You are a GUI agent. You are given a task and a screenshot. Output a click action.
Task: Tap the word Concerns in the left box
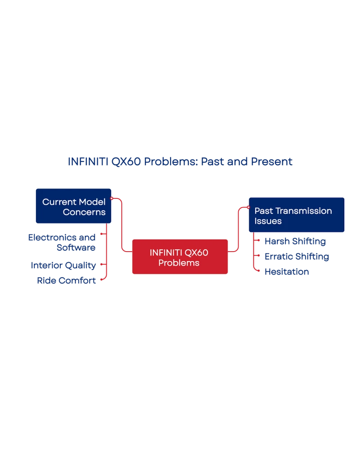(84, 212)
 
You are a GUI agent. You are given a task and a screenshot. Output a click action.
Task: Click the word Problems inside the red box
(179, 263)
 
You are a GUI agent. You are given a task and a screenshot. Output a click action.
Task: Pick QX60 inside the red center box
(196, 252)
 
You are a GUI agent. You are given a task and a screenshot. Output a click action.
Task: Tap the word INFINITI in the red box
(166, 252)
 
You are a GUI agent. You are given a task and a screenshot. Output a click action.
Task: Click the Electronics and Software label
(62, 242)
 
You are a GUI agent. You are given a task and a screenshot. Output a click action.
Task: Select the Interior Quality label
(63, 265)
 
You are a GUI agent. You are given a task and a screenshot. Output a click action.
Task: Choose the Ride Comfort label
(67, 280)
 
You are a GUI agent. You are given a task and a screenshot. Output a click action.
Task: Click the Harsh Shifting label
(295, 241)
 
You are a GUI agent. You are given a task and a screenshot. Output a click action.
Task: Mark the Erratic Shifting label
(297, 256)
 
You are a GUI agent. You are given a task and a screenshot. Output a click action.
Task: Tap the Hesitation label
(287, 272)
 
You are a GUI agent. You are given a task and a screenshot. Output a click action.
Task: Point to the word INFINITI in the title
(88, 161)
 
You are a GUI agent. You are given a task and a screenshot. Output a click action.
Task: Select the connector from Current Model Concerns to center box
(122, 225)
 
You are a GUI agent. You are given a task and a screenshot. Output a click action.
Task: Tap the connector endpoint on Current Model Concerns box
(112, 198)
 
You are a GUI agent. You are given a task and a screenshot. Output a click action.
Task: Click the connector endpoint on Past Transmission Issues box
(247, 207)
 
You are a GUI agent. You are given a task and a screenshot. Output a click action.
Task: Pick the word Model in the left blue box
(92, 202)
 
